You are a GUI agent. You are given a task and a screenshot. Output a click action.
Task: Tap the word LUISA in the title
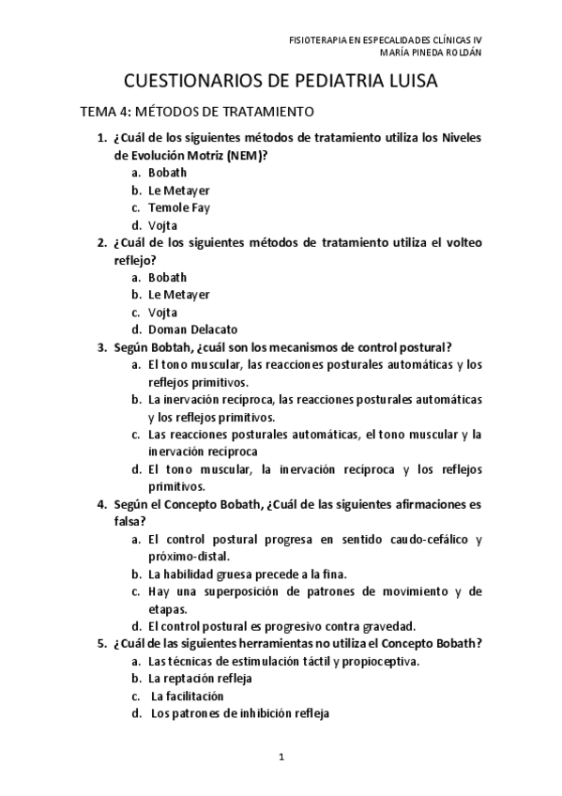(x=403, y=83)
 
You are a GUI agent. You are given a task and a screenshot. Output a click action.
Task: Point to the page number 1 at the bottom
(x=281, y=756)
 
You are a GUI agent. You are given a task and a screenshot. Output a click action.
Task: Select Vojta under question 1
(x=162, y=225)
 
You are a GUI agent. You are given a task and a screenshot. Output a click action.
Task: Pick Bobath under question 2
(x=167, y=277)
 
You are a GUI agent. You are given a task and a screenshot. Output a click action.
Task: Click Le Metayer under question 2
(x=178, y=295)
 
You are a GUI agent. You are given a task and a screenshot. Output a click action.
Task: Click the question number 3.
(x=101, y=347)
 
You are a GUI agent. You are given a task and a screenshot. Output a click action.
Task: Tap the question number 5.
(x=101, y=643)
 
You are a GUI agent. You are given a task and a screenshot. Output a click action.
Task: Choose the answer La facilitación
(x=188, y=696)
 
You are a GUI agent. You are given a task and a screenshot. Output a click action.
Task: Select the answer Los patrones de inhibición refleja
(x=240, y=713)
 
